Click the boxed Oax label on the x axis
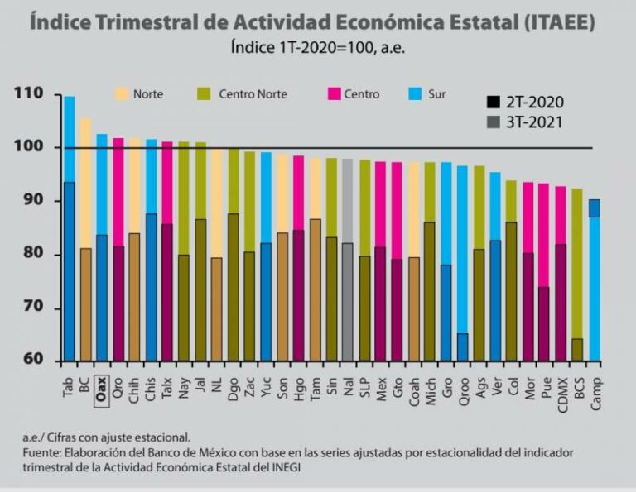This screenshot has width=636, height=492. click(x=100, y=389)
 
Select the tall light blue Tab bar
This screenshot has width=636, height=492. click(x=70, y=139)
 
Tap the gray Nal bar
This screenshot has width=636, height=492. click(x=347, y=260)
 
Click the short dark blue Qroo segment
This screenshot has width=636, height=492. click(x=462, y=347)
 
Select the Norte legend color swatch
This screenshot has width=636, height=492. click(x=122, y=94)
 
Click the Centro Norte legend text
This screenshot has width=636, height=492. click(x=253, y=94)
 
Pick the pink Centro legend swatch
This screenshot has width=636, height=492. click(x=335, y=94)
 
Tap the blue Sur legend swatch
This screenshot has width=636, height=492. click(x=416, y=94)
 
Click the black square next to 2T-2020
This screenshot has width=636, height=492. click(x=494, y=102)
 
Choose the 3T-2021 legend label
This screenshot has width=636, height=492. click(x=535, y=122)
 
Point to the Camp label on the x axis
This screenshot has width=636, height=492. click(x=595, y=394)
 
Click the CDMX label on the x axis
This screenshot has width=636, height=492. click(x=562, y=394)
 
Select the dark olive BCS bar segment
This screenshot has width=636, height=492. click(x=577, y=350)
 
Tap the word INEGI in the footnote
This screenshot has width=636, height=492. click(x=286, y=467)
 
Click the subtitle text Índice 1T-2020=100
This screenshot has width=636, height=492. click(x=301, y=48)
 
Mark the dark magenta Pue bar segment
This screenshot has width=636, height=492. click(x=543, y=324)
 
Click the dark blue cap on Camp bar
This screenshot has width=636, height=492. click(x=595, y=208)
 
